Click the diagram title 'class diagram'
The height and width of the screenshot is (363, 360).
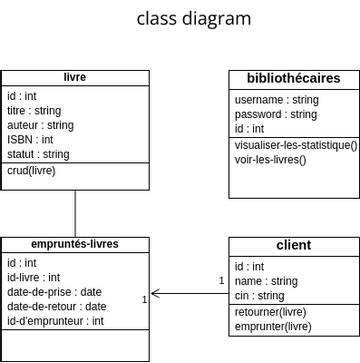(194, 18)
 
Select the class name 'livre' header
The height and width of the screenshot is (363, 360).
(75, 77)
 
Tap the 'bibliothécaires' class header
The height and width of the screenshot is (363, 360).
(293, 78)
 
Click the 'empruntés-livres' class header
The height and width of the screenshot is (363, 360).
(75, 244)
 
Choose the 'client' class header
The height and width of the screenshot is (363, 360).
(293, 245)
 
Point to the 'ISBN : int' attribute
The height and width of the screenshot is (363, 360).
(30, 140)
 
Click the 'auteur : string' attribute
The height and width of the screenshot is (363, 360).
(40, 126)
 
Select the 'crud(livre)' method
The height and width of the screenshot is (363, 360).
(32, 171)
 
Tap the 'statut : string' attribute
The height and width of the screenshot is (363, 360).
(38, 154)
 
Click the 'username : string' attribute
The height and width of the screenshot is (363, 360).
(276, 100)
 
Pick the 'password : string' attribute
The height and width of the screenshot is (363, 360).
(275, 114)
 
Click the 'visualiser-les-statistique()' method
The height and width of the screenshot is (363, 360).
(295, 145)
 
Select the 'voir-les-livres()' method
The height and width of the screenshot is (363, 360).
(270, 160)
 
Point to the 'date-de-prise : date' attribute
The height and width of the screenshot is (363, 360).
(54, 293)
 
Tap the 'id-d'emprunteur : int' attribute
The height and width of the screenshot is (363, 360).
(55, 321)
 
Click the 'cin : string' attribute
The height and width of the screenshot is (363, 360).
(259, 296)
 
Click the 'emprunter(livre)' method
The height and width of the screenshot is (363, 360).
(272, 326)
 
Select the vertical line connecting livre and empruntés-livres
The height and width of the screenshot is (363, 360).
(75, 213)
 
